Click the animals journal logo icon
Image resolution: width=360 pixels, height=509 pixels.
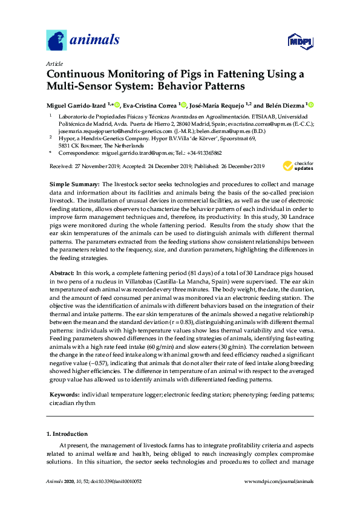pyautogui.click(x=56, y=41)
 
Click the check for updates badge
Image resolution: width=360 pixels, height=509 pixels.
pyautogui.click(x=296, y=166)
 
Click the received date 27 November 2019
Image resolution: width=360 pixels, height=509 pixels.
pyautogui.click(x=96, y=166)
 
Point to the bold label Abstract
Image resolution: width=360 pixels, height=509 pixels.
pyautogui.click(x=62, y=273)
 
